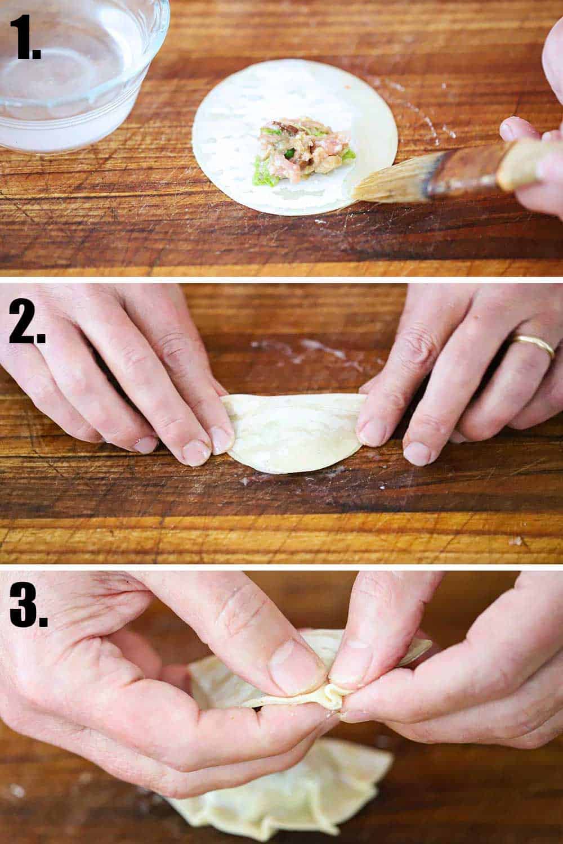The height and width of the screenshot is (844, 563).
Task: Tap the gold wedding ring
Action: click(x=532, y=344)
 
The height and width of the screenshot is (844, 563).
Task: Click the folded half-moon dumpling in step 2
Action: click(x=293, y=430)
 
